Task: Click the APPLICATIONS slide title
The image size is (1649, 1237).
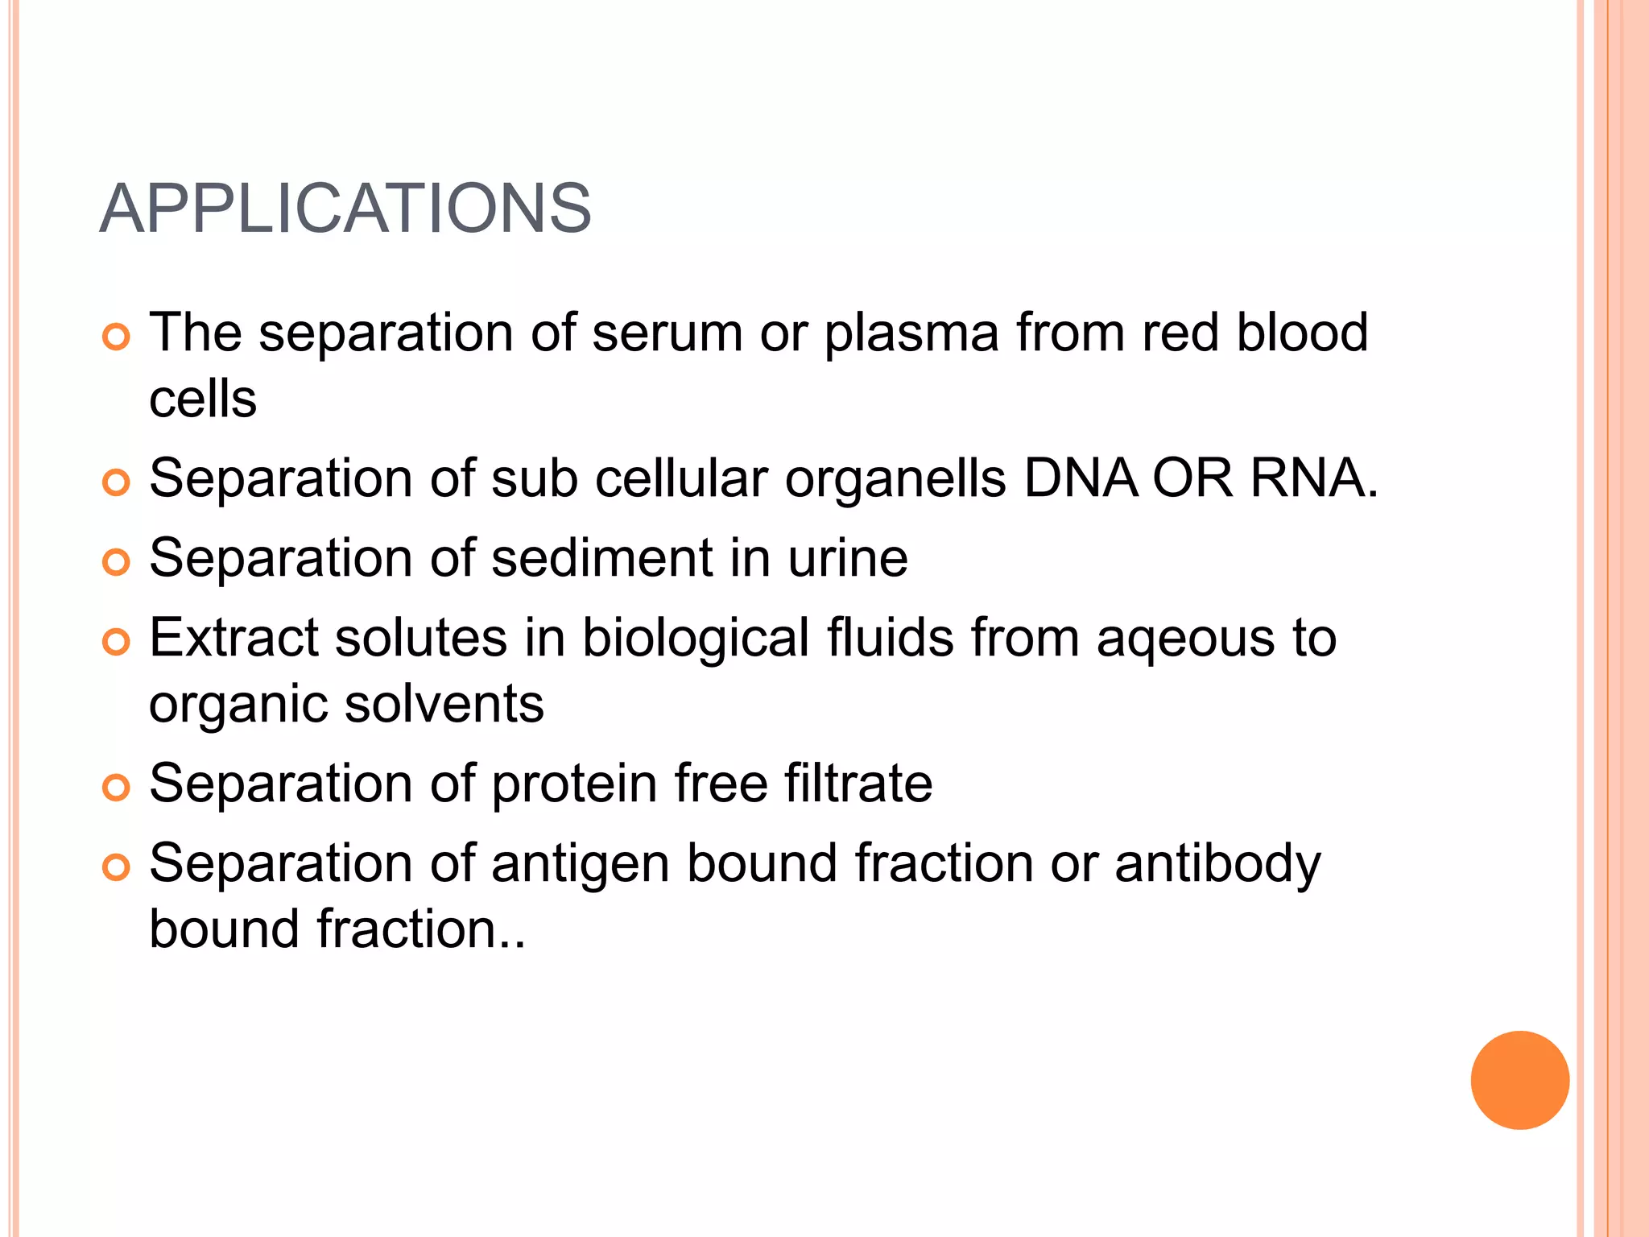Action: (345, 209)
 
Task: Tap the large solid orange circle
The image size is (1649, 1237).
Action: (1519, 1080)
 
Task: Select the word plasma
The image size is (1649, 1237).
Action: (911, 333)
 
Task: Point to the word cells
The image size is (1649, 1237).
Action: (203, 399)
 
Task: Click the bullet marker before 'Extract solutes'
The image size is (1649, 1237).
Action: (117, 642)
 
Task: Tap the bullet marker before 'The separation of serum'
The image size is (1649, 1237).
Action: (117, 337)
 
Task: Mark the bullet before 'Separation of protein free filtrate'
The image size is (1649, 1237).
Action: (117, 788)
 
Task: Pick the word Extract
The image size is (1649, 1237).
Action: (234, 638)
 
